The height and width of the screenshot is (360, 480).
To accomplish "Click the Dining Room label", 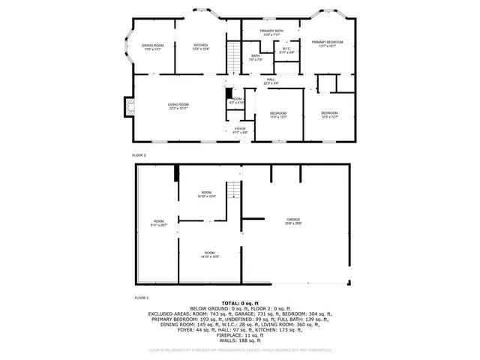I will (153, 46).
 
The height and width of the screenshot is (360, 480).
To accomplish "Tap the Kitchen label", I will (201, 46).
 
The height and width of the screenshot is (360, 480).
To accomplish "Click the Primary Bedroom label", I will (327, 42).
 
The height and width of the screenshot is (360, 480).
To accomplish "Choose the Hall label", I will (271, 81).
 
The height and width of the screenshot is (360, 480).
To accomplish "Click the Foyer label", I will (239, 130).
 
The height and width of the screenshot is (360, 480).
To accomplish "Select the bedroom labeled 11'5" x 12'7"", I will (278, 115).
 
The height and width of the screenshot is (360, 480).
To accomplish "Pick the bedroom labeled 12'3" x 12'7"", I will (329, 115).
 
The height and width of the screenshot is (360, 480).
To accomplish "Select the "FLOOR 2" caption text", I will (139, 154).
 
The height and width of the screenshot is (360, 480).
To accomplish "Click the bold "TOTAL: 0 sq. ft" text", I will (240, 303).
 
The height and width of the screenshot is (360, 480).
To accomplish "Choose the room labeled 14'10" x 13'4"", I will (206, 196).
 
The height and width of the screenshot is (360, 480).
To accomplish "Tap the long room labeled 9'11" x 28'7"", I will (159, 223).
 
